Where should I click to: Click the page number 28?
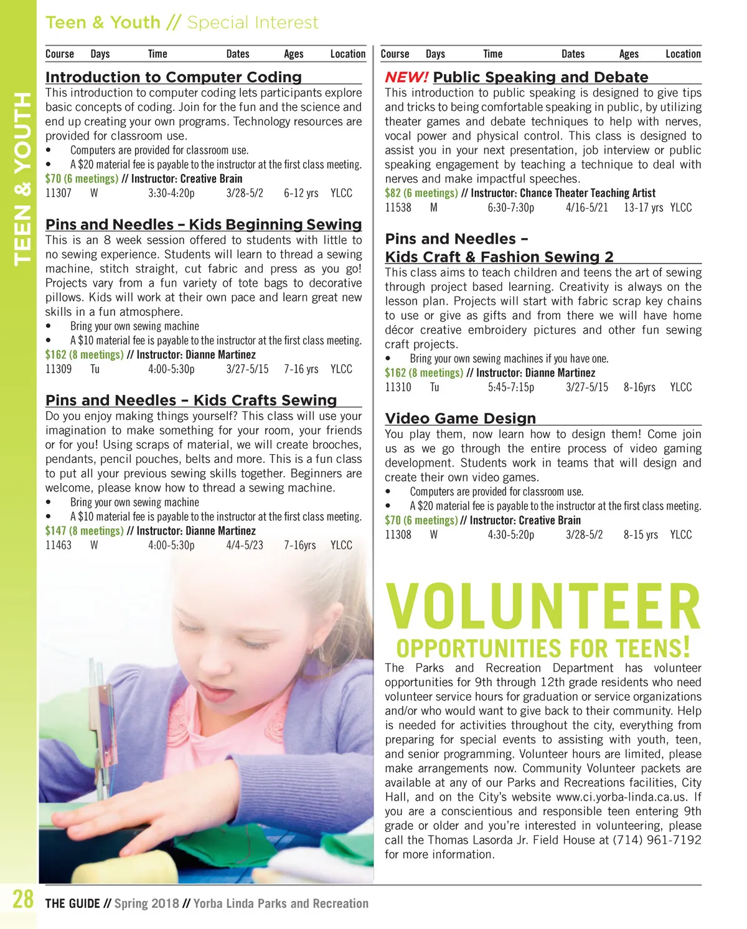(23, 899)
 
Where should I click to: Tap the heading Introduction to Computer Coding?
(173, 77)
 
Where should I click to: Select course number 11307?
(59, 193)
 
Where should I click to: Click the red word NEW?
(406, 77)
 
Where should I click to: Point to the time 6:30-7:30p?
(510, 207)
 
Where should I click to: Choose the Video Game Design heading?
(460, 419)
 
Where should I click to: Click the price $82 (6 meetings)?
(421, 193)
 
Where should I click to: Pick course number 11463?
(59, 545)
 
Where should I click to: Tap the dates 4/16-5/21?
(586, 207)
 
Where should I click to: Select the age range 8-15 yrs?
(641, 535)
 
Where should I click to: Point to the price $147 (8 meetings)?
(84, 531)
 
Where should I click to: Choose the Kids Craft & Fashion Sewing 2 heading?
(499, 257)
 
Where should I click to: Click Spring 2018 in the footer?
(147, 903)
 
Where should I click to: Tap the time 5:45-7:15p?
(510, 387)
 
